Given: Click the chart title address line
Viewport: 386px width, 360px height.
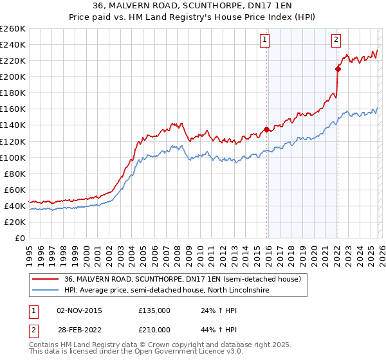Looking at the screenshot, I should [x=193, y=6].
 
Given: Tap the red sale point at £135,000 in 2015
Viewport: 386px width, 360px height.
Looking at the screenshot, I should [x=266, y=129].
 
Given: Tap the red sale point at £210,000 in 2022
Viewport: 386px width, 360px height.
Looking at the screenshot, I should [x=338, y=69].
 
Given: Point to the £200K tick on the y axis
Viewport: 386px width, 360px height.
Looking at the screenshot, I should [x=13, y=76].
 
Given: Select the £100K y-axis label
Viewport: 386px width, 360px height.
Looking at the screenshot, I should [x=13, y=157].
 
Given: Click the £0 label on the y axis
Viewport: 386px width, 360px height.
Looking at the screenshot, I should [x=19, y=238].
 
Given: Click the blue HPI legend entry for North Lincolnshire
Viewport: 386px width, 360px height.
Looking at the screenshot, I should [x=166, y=291].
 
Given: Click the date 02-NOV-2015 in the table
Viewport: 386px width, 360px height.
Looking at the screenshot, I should [x=79, y=310].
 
